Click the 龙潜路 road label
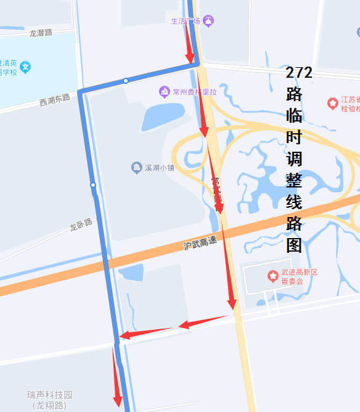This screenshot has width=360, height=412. click(x=41, y=33)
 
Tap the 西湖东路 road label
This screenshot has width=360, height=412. click(x=54, y=99)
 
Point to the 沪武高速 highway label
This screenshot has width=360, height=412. click(x=200, y=242)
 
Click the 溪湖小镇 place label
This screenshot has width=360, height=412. click(x=159, y=168)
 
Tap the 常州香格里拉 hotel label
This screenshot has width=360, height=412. click(x=195, y=93)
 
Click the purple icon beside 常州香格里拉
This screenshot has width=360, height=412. click(x=164, y=93)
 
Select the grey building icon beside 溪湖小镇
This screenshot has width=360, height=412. click(x=136, y=168)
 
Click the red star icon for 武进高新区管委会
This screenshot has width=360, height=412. click(x=272, y=275)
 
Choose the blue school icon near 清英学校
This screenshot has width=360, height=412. click(x=25, y=67)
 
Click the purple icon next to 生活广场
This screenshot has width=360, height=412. click(x=209, y=21)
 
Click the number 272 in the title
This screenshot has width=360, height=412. click(x=299, y=73)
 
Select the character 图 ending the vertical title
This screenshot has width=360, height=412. click(x=294, y=245)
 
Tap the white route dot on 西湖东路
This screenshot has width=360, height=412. click(x=126, y=81)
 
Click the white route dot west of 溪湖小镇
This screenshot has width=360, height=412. click(x=93, y=185)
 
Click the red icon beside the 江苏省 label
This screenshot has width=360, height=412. click(x=332, y=102)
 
